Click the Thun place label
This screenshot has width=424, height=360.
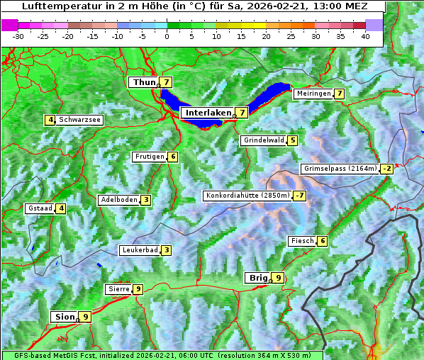click(143, 83)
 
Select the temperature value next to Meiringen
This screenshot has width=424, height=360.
click(340, 94)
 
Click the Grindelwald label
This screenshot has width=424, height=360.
click(263, 140)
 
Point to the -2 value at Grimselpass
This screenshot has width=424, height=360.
click(386, 169)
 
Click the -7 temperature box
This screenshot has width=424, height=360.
click(301, 196)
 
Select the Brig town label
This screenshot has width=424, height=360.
click(257, 278)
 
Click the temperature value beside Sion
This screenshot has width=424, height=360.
click(85, 317)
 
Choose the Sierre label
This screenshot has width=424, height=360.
click(118, 289)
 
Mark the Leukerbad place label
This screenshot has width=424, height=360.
click(139, 250)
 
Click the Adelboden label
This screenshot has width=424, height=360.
click(118, 200)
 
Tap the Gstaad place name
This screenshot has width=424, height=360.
click(40, 208)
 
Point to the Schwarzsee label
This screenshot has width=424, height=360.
click(79, 120)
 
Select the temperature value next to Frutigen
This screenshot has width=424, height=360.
click(173, 157)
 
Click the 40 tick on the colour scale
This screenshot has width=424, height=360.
click(365, 36)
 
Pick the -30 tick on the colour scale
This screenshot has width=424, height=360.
click(18, 36)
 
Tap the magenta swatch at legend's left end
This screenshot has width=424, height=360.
click(9, 25)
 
